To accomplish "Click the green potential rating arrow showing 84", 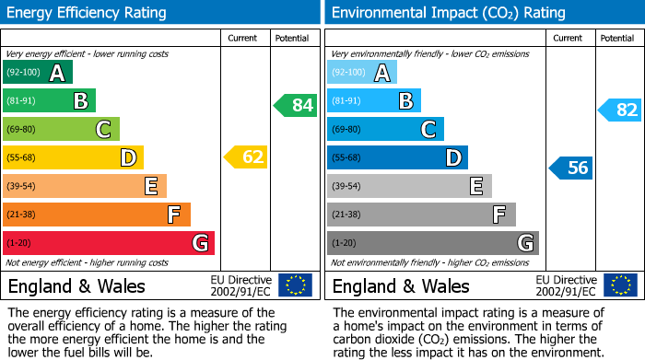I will point(296,105).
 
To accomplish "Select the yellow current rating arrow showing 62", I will point(247,157).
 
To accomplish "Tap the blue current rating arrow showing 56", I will point(572,168).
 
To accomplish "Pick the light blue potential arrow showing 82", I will point(621,110).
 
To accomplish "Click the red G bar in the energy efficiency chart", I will point(108,243).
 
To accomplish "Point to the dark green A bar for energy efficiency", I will point(37,73).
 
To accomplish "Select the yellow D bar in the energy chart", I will point(73,157).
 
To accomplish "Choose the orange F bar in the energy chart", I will point(96,215).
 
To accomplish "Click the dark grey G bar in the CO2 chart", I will point(432,243).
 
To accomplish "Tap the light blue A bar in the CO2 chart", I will point(361,73).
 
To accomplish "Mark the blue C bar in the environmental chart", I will point(385,129).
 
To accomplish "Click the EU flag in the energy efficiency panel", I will point(295,285).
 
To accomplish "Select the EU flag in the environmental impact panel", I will point(619,285).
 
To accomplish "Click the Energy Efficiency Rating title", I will point(88,13).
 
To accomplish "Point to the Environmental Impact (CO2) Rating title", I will point(448,13).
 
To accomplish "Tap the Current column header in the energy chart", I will point(243,38).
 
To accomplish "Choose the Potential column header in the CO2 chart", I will point(616,38).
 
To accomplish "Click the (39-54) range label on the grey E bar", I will point(347,187).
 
